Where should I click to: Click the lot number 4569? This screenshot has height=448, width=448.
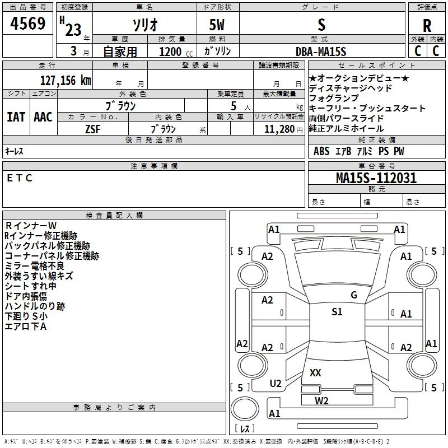[27, 23]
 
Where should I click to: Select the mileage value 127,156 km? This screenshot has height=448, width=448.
[66, 81]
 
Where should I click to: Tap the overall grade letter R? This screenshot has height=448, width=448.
[427, 25]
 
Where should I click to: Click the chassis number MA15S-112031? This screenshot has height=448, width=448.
[376, 178]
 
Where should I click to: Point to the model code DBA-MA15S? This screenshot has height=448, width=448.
[321, 52]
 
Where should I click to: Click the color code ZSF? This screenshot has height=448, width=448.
[92, 129]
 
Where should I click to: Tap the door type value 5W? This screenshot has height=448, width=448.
[217, 25]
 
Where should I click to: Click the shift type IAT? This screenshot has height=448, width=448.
[16, 117]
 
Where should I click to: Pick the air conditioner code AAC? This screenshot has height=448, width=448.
[43, 117]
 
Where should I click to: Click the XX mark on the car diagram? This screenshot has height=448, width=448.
[315, 372]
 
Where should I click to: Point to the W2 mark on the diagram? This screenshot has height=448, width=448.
[321, 401]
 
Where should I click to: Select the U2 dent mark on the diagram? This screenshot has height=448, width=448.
[276, 383]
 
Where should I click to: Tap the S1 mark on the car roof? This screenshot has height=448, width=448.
[337, 311]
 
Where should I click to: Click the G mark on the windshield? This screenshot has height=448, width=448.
[354, 295]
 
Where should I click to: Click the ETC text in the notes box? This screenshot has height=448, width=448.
[20, 178]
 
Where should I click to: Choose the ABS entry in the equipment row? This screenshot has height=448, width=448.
[321, 151]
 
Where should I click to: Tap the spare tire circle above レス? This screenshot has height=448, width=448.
[245, 409]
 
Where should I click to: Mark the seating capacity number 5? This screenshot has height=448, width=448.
[234, 106]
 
